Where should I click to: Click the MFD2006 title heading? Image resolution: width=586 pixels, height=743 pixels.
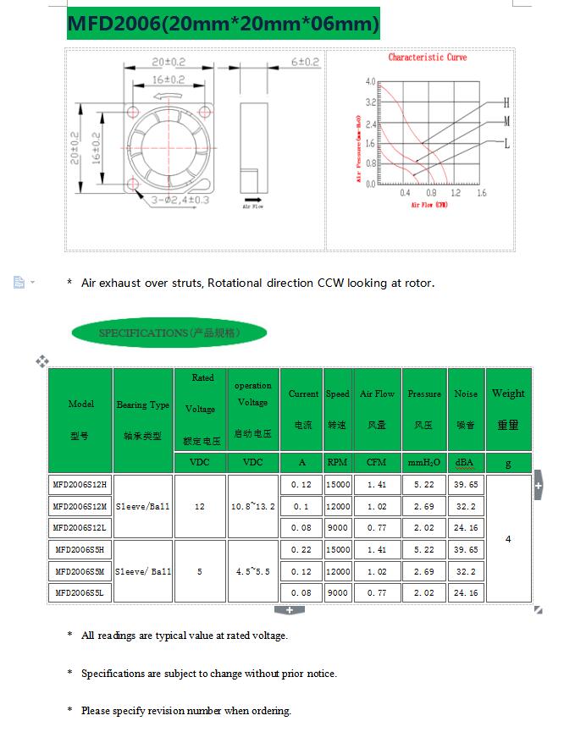(x=223, y=24)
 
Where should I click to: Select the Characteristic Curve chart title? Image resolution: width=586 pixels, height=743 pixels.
(x=427, y=58)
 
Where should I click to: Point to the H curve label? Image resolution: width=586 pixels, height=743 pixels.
(x=506, y=102)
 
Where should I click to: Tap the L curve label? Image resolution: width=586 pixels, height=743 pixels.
(x=506, y=144)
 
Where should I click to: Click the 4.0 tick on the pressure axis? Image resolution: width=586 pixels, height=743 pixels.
(x=370, y=82)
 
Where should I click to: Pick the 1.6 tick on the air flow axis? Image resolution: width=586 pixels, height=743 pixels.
(x=481, y=194)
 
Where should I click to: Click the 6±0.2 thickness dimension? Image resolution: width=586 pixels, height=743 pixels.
(x=305, y=63)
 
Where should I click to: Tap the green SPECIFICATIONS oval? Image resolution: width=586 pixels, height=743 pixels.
(x=169, y=333)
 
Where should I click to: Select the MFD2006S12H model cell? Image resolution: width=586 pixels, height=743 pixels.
(x=80, y=485)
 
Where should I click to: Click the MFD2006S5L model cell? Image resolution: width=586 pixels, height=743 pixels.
(x=80, y=593)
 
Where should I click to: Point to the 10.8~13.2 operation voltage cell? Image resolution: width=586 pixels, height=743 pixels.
(x=252, y=507)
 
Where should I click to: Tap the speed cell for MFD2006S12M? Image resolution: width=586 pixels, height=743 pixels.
(x=337, y=507)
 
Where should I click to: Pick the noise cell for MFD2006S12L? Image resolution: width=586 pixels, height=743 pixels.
(x=466, y=528)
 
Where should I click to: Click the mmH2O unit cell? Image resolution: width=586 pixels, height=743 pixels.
(x=423, y=463)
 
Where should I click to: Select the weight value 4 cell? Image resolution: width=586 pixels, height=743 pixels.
(x=508, y=539)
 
